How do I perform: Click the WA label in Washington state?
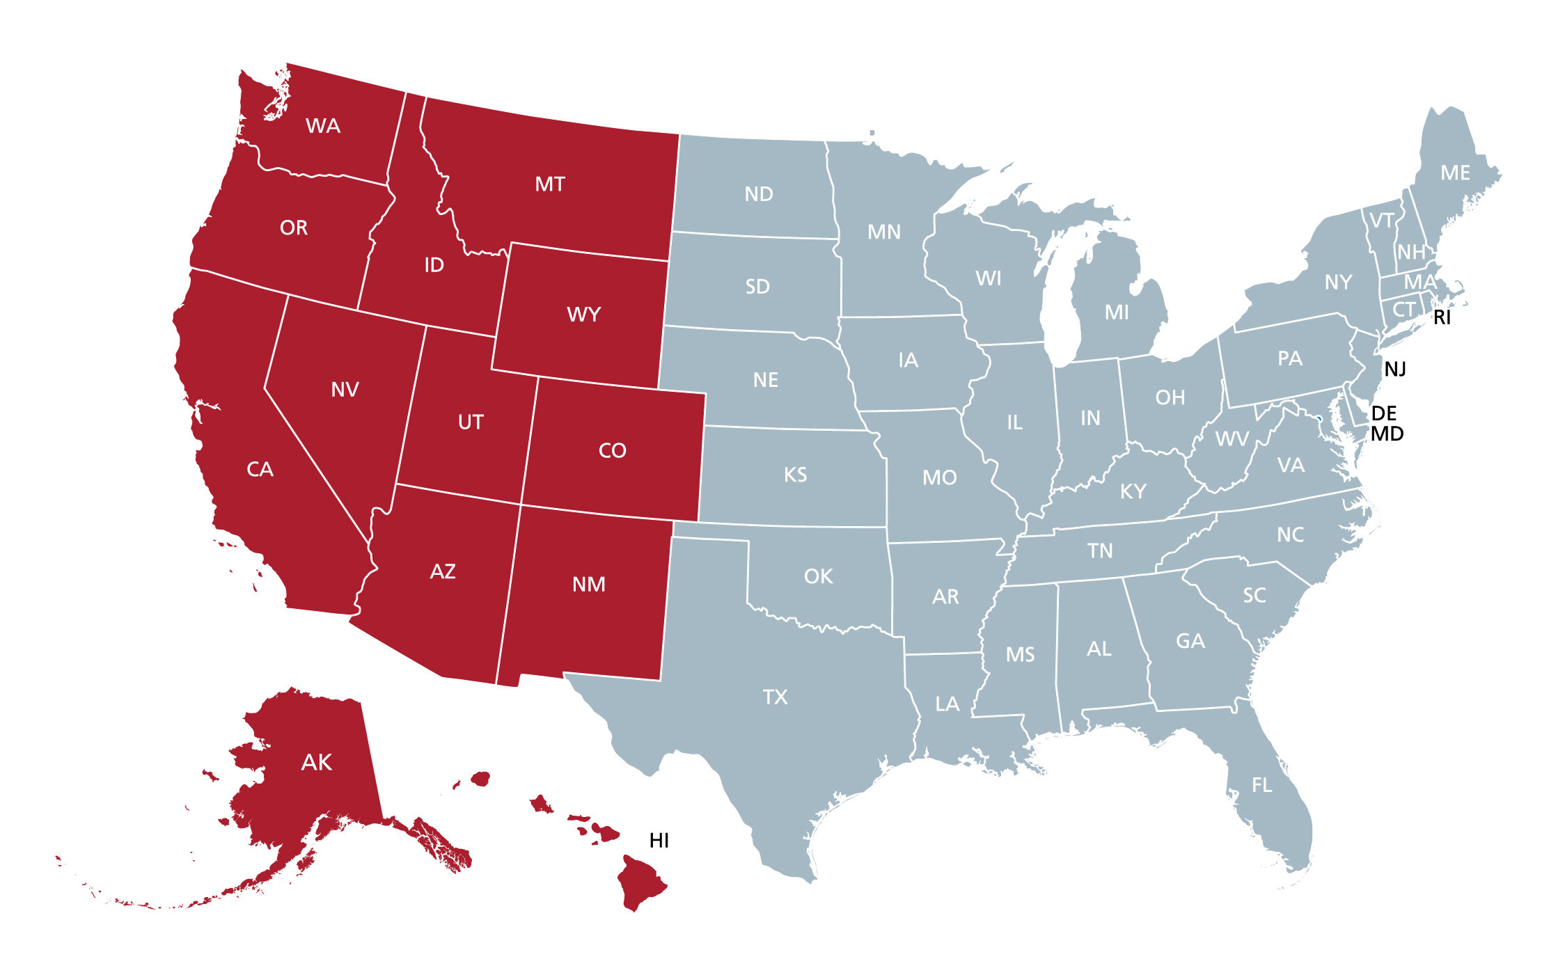[x=323, y=126]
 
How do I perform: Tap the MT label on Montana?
[x=550, y=184]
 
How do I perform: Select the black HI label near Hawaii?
[x=659, y=841]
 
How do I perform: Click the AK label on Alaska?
[x=317, y=762]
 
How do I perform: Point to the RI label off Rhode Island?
[x=1442, y=317]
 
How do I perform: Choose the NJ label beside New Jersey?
[x=1395, y=369]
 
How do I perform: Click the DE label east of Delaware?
[x=1384, y=413]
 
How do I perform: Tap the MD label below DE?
[x=1387, y=434]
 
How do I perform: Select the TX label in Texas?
[x=775, y=697]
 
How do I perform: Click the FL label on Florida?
[x=1261, y=785]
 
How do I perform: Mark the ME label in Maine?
[x=1455, y=173]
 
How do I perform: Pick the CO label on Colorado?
[x=613, y=450]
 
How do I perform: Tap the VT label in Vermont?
[x=1381, y=221]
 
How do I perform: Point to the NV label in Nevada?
[x=345, y=389]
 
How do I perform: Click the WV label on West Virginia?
[x=1232, y=439]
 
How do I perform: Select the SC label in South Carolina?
[x=1254, y=595]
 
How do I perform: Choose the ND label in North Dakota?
[x=759, y=194]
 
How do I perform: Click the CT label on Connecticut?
[x=1403, y=309]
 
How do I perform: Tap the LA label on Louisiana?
[x=947, y=704]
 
